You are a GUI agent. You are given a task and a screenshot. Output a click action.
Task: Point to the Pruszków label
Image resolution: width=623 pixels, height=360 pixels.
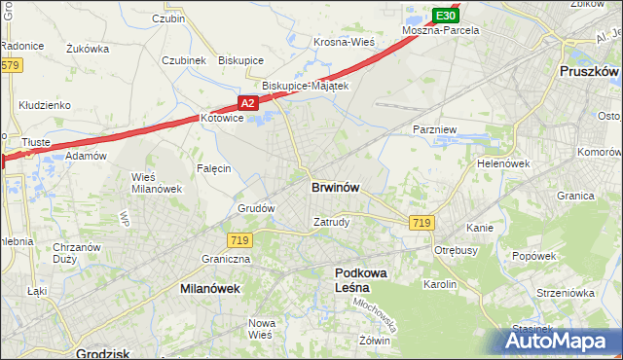(x=590, y=72)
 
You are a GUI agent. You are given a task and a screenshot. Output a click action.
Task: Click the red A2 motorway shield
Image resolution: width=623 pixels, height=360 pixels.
(x=247, y=102)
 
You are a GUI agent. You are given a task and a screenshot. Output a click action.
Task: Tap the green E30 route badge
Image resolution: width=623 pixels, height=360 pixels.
(x=445, y=17)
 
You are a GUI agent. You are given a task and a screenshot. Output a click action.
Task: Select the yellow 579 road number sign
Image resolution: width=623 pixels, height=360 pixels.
(x=10, y=65)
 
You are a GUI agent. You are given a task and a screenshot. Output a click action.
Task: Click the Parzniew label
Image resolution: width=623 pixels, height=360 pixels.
(x=435, y=128)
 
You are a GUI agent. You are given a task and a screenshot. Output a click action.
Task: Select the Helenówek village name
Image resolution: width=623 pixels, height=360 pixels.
(x=502, y=163)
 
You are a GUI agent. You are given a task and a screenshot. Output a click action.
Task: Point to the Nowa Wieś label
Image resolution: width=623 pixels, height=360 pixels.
(x=260, y=328)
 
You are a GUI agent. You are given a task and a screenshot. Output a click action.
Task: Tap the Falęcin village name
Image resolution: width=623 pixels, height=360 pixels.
(x=214, y=168)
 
